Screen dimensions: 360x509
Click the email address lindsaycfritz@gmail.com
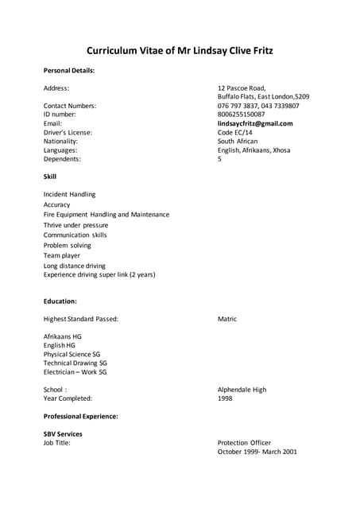coord(255,123)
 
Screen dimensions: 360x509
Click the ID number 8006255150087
coord(242,115)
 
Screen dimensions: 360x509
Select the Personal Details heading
coord(69,70)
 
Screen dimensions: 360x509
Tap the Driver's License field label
coord(68,132)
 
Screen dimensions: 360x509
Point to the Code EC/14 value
coord(236,132)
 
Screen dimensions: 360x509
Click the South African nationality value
coord(238,141)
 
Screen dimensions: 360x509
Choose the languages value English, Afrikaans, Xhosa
coord(254,150)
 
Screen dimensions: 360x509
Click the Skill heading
coord(50,176)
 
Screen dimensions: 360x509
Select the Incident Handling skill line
coord(69,194)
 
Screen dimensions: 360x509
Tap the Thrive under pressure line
coord(75,225)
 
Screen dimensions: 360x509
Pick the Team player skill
coord(62,256)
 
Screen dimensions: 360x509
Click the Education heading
coord(60,301)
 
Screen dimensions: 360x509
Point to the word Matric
coord(227,319)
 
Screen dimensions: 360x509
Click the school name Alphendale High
coord(242,390)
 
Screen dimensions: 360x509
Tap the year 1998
coord(225,398)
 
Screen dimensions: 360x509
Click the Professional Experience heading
coord(80,416)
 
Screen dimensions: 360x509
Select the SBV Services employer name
coord(63,434)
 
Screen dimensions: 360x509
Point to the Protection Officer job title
coord(244,443)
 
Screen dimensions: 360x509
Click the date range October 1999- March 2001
coord(257,452)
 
